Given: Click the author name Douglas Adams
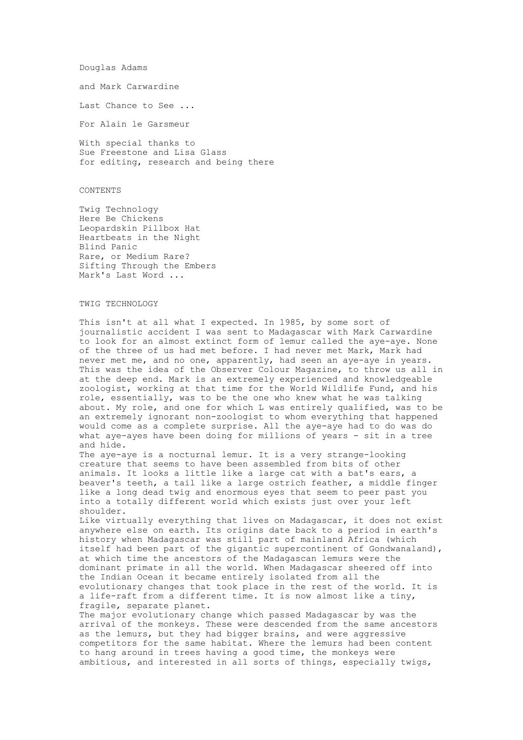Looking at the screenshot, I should (113, 67).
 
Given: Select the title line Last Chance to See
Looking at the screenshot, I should (137, 105).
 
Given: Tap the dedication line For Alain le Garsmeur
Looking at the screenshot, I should (134, 124).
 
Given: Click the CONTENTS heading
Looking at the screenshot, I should (100, 190).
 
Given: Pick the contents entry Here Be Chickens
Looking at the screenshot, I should (121, 218).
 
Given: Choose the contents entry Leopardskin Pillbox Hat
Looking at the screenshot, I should (140, 228).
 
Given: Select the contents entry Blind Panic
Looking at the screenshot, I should (108, 247).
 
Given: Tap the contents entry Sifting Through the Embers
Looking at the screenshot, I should (147, 266).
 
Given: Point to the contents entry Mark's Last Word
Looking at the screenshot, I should (131, 275).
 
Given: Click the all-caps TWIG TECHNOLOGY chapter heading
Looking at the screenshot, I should (119, 304).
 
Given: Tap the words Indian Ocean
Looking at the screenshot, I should (129, 577).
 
